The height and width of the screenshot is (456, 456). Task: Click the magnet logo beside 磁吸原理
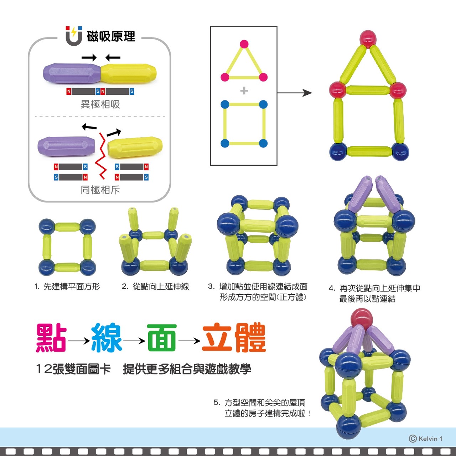(74, 36)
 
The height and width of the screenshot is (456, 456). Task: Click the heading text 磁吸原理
(111, 36)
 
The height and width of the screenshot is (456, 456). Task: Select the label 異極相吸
(100, 104)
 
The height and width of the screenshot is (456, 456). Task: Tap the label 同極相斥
(100, 190)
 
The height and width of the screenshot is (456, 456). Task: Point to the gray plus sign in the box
(244, 90)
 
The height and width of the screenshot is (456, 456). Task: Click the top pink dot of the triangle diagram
(244, 44)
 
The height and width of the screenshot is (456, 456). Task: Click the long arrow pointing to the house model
(294, 93)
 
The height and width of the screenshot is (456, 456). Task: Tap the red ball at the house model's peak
(368, 38)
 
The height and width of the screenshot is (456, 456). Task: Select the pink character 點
(51, 338)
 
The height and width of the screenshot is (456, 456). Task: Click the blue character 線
(107, 338)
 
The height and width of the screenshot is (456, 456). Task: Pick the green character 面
(162, 338)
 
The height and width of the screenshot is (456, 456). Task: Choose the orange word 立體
(234, 338)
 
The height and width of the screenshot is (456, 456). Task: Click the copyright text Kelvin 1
(426, 439)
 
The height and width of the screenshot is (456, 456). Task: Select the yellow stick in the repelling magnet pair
(135, 146)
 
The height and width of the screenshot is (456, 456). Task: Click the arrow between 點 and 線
(79, 341)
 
